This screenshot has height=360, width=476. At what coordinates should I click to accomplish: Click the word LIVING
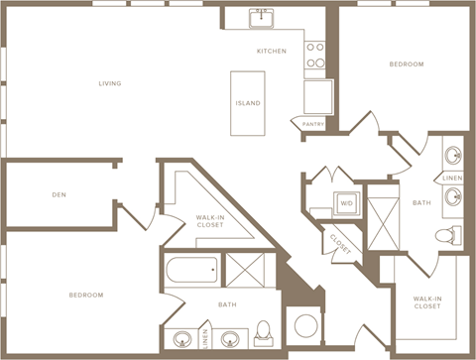pos(109,83)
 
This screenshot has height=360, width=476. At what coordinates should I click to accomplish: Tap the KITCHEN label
pos(272,51)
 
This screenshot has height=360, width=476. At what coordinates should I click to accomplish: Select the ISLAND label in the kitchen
pos(248,103)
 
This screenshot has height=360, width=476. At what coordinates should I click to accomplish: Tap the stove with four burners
pos(315,55)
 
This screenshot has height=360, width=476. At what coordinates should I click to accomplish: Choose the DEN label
pos(59,195)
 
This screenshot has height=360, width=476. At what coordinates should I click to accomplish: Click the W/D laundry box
pos(346,203)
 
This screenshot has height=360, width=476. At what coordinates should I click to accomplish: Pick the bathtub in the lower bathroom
pos(192,270)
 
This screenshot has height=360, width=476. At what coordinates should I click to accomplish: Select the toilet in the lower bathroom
pos(264,329)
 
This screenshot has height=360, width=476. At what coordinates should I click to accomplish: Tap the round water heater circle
pos(303,327)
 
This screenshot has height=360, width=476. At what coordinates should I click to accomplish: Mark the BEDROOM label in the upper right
pos(407,64)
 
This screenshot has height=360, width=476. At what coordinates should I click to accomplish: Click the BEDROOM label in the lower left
pos(85,295)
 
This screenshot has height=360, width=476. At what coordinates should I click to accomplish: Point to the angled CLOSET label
pos(339,243)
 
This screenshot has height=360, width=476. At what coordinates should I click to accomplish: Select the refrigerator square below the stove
pos(317,97)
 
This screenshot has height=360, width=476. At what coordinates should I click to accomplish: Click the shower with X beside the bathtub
pos(244,270)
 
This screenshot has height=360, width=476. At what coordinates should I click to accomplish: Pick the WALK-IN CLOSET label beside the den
pos(209,221)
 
